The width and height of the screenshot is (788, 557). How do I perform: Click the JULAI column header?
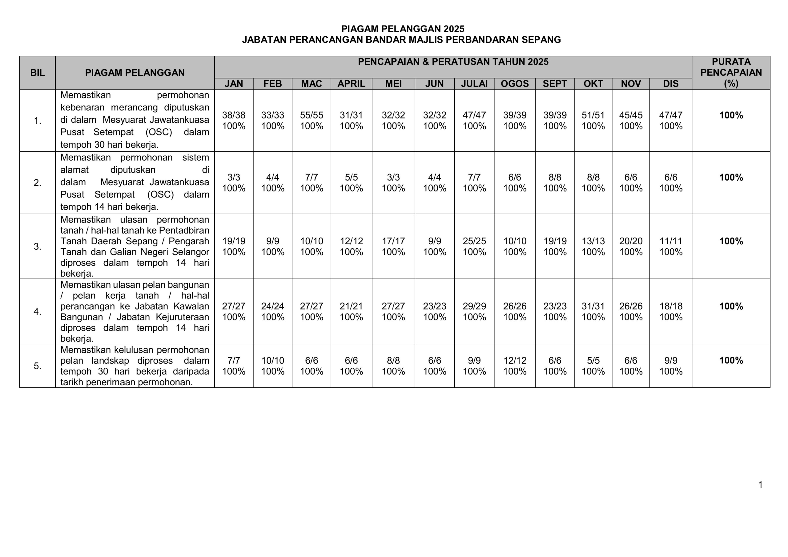pyautogui.click(x=474, y=84)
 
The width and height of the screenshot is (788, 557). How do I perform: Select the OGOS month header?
pyautogui.click(x=514, y=84)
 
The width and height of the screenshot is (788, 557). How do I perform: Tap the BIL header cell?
pyautogui.click(x=38, y=73)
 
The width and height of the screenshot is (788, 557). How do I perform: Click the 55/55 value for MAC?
pyautogui.click(x=311, y=115)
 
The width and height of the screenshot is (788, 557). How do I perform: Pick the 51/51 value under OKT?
pyautogui.click(x=593, y=115)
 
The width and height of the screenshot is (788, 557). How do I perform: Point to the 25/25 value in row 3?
pyautogui.click(x=474, y=241)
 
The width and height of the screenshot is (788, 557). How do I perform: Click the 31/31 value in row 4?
pyautogui.click(x=593, y=306)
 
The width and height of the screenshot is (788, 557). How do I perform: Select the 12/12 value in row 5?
pyautogui.click(x=514, y=360)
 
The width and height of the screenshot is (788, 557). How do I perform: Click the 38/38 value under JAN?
pyautogui.click(x=233, y=115)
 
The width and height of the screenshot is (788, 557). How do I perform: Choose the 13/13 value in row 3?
pyautogui.click(x=593, y=241)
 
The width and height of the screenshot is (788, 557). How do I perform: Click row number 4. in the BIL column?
pyautogui.click(x=38, y=312)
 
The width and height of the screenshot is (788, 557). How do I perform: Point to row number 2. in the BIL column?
pyautogui.click(x=38, y=183)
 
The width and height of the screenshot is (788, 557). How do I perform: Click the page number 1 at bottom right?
pyautogui.click(x=760, y=485)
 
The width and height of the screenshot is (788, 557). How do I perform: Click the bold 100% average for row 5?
pyautogui.click(x=731, y=360)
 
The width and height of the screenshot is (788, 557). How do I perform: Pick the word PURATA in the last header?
pyautogui.click(x=731, y=62)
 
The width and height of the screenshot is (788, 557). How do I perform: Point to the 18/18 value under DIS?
pyautogui.click(x=671, y=306)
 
